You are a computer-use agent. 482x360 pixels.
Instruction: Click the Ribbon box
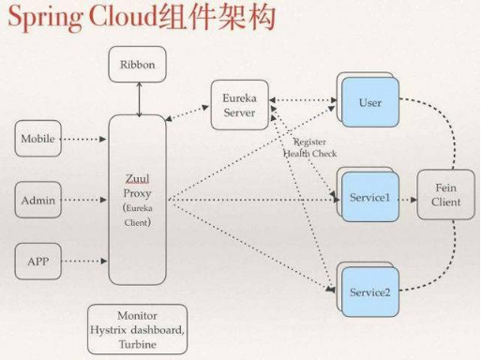click(x=139, y=65)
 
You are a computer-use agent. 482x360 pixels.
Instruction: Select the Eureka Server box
click(x=239, y=105)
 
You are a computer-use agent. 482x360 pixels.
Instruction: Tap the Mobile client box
click(x=38, y=139)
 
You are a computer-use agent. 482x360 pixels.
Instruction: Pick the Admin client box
click(x=38, y=199)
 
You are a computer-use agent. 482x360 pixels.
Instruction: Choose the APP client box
click(x=38, y=260)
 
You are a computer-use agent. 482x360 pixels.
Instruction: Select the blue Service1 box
click(x=369, y=199)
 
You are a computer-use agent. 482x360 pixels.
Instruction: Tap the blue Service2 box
click(x=369, y=292)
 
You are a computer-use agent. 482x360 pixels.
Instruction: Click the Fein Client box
click(x=445, y=195)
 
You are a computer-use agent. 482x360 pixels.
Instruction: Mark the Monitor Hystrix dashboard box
click(x=137, y=329)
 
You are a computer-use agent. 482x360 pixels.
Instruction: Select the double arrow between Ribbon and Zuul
click(x=139, y=98)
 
